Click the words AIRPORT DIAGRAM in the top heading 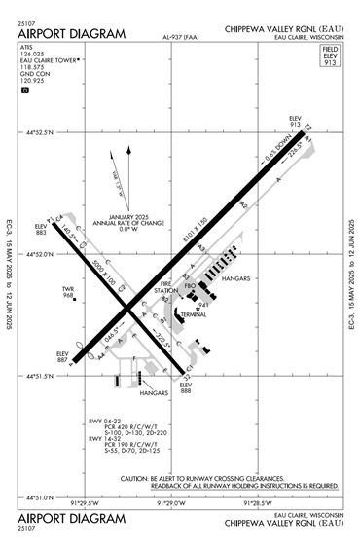[72, 34]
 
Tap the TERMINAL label [193, 316]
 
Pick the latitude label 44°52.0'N [41, 253]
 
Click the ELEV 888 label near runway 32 [186, 388]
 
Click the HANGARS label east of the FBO [237, 278]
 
